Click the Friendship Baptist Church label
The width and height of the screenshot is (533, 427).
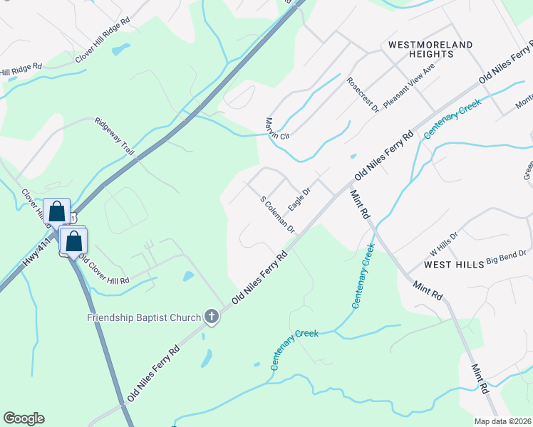click(145, 317)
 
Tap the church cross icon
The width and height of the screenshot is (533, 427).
click(211, 317)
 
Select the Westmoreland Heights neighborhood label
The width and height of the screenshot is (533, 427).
click(430, 49)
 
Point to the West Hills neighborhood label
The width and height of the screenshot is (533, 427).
click(454, 264)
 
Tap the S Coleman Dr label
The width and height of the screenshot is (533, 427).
click(277, 215)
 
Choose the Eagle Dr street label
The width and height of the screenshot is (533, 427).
click(299, 199)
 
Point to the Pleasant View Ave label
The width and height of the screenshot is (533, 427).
click(408, 84)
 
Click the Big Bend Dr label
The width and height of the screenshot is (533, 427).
click(506, 258)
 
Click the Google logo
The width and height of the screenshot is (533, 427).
click(24, 418)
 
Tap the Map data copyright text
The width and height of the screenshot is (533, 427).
click(502, 421)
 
